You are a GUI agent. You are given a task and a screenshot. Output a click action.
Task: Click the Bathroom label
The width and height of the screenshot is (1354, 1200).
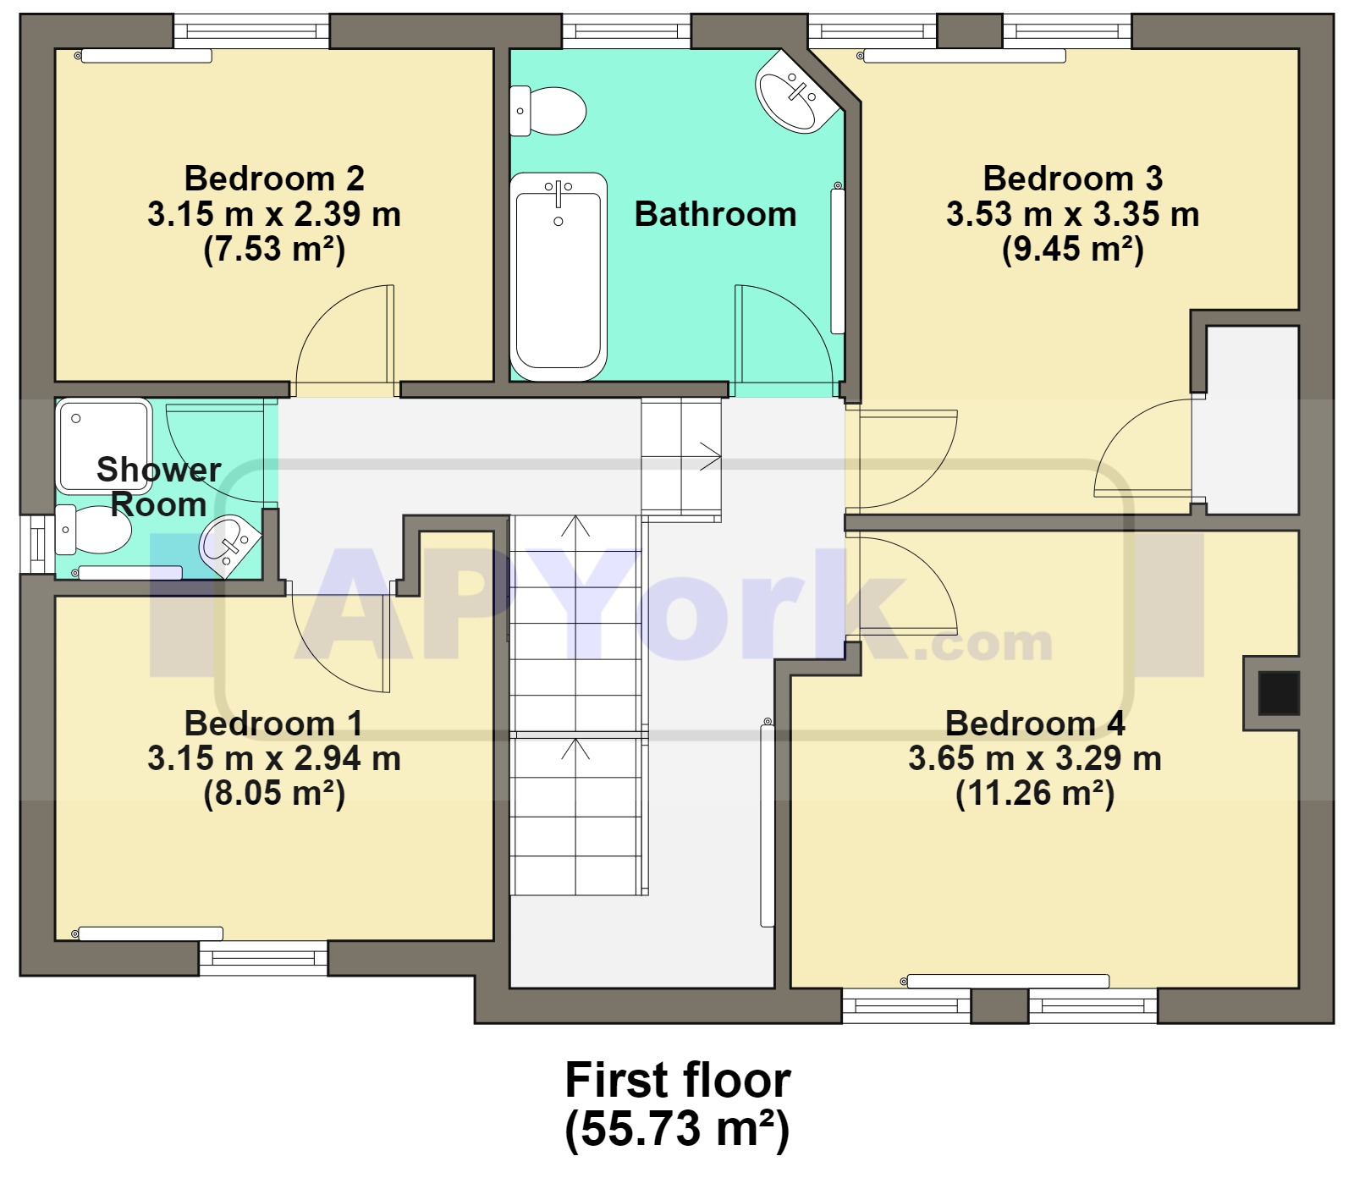tap(715, 214)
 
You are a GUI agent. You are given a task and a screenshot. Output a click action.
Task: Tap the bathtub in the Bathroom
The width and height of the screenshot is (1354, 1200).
tap(559, 277)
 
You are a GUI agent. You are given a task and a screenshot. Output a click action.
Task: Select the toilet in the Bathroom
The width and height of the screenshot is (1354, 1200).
tap(548, 111)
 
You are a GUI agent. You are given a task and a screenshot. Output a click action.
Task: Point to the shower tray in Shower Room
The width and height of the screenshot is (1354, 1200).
tap(103, 446)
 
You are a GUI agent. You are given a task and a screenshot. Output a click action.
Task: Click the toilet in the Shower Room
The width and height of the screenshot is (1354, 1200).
tap(93, 530)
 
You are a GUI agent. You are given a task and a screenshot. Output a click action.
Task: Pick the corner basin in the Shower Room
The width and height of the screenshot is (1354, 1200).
tap(229, 544)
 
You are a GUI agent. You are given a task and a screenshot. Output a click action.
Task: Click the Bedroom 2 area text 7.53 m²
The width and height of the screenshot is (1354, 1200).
tap(274, 250)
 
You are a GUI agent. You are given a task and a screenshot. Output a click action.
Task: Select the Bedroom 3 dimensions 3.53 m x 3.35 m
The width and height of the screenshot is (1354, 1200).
tap(1072, 214)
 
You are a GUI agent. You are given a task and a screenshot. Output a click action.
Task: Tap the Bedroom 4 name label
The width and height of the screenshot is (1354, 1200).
tap(1035, 723)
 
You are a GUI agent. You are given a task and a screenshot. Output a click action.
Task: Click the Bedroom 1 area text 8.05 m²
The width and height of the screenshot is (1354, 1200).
tap(274, 794)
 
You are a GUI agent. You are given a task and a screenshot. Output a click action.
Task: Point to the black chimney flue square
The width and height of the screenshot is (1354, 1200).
tap(1278, 693)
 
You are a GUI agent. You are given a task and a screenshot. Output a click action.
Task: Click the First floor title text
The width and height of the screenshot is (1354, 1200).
tap(677, 1080)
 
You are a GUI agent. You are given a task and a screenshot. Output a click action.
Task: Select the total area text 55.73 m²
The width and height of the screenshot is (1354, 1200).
tap(677, 1129)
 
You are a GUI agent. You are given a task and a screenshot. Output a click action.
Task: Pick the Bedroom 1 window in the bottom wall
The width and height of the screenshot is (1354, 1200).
tap(263, 958)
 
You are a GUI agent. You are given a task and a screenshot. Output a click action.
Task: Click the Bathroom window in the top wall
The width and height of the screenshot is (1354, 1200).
tap(626, 31)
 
